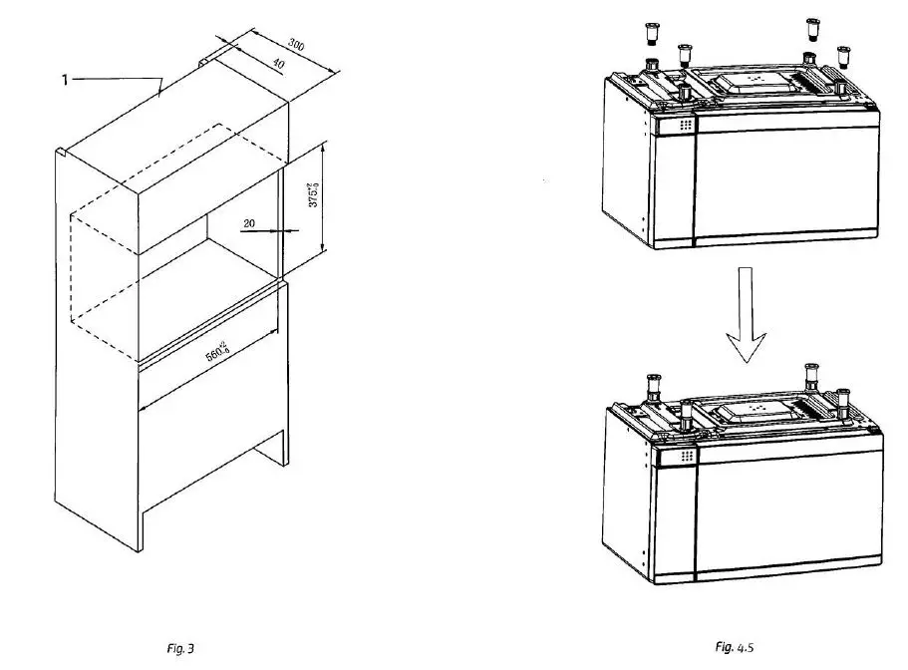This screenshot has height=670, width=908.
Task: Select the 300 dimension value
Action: [296, 44]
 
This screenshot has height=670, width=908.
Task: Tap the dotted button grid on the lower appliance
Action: [686, 456]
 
